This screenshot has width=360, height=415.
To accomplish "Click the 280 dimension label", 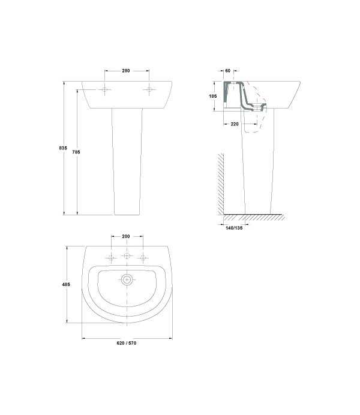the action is coord(126,71).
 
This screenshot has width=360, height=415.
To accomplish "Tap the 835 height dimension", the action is coord(63,148).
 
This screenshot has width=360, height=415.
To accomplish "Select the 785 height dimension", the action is coord(76,152).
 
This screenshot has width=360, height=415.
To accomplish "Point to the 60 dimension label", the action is coord(227,71).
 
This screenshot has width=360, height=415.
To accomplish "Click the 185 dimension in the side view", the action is coord(213,96).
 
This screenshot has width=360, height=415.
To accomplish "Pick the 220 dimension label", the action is coord(235,124).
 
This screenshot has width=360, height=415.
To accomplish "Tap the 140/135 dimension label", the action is coord(234,228).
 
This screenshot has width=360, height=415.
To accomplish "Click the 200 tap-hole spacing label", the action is coord(126,236).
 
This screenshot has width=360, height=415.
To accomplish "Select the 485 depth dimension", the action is coord(66,284).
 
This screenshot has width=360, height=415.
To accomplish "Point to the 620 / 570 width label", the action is coord(127,343).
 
